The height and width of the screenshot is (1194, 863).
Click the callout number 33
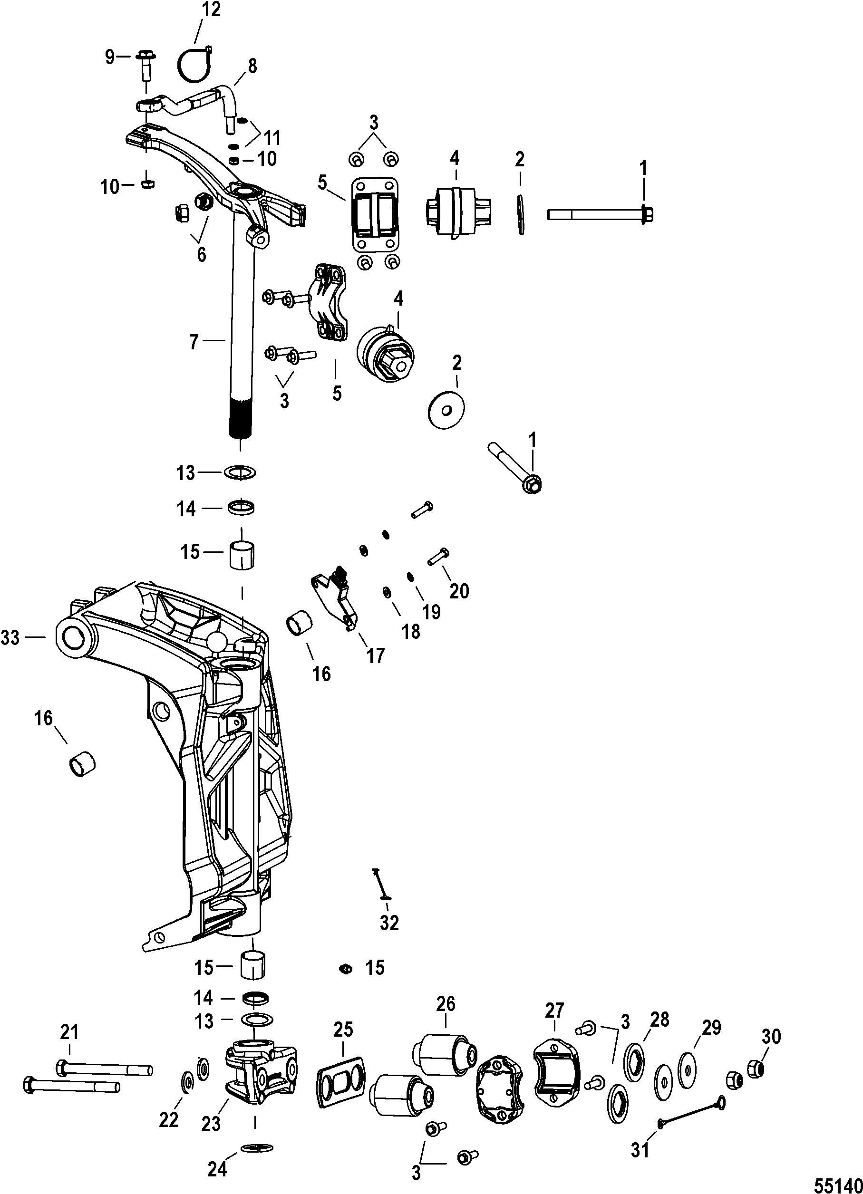10,638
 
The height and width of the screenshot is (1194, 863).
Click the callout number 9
109,57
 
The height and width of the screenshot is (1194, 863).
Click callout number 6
201,255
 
